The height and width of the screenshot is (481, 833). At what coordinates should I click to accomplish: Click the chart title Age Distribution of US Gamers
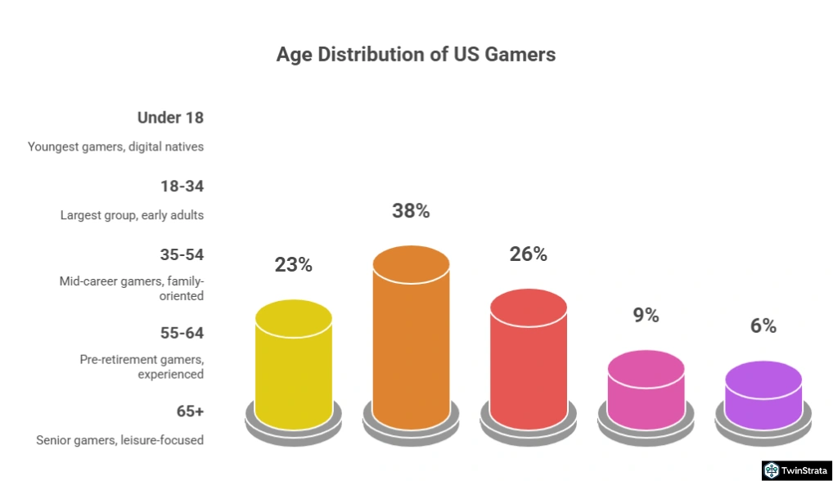(416, 55)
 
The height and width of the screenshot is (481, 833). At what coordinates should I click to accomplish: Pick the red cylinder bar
(529, 360)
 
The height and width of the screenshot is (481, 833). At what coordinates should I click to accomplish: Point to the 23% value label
(294, 265)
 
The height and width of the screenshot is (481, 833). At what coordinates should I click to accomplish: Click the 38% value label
(411, 211)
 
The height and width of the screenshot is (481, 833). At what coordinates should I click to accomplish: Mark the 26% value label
(529, 254)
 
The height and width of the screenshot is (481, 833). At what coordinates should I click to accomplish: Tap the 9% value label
(646, 315)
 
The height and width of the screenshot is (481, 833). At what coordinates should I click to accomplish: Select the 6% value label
(763, 326)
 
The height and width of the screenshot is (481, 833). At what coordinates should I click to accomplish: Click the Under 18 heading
(170, 118)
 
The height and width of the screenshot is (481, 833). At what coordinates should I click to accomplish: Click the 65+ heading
(190, 411)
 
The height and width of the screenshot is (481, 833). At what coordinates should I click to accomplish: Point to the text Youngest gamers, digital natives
(115, 147)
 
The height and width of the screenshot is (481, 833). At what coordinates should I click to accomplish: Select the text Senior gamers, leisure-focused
(119, 440)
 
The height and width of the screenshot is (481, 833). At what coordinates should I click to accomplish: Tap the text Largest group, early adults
(132, 216)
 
